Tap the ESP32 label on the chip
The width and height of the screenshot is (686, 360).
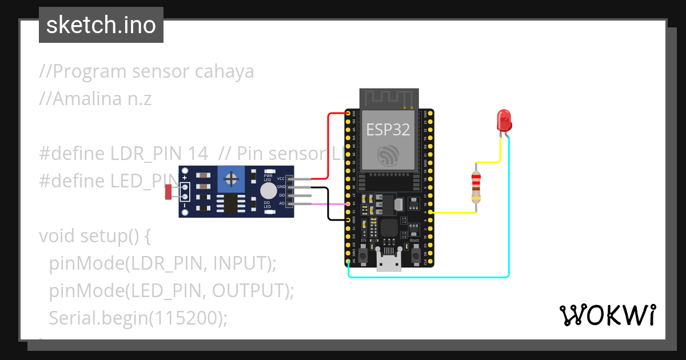(388, 130)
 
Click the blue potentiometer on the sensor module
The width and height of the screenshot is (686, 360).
(231, 179)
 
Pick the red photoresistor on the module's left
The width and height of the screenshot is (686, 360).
(169, 191)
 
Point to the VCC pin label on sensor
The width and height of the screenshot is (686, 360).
(281, 179)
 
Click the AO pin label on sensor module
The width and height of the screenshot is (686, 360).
(281, 203)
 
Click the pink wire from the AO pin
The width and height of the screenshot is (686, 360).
(326, 203)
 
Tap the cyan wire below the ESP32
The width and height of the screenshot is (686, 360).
(429, 277)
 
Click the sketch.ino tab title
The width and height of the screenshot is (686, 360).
(101, 25)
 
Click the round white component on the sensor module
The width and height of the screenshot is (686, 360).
(268, 191)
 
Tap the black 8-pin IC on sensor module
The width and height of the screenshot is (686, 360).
(231, 203)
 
